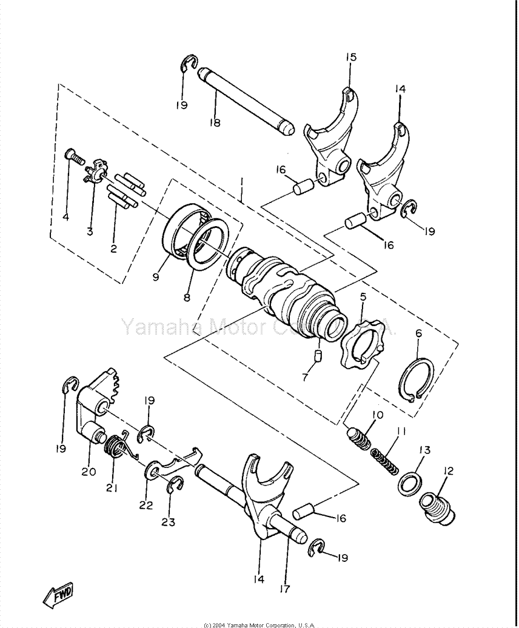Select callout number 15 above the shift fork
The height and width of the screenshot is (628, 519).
[x=351, y=57]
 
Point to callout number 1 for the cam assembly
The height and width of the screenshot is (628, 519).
[x=242, y=181]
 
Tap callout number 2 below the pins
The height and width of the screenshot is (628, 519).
[x=114, y=248]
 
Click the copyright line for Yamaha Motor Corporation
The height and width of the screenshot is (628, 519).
[x=260, y=624]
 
